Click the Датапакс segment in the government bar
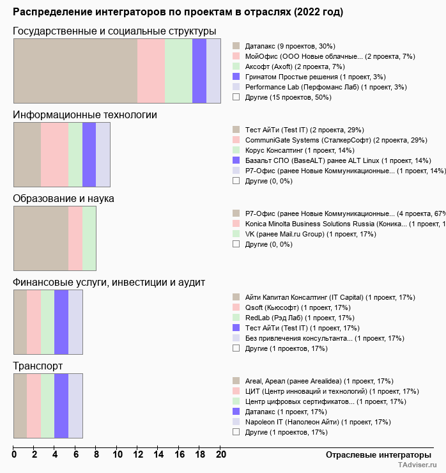[x=75, y=71]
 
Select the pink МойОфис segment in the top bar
[x=151, y=71]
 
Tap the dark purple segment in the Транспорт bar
[x=61, y=406]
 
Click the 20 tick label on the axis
[x=220, y=454]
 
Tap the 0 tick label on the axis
[x=14, y=454]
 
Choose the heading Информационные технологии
[x=85, y=115]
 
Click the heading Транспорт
[x=38, y=366]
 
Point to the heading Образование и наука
[x=63, y=199]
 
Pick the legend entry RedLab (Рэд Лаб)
[x=299, y=318]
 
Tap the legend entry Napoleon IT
[x=318, y=422]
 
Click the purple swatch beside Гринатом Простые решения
[x=236, y=77]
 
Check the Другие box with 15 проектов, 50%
[x=236, y=97]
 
